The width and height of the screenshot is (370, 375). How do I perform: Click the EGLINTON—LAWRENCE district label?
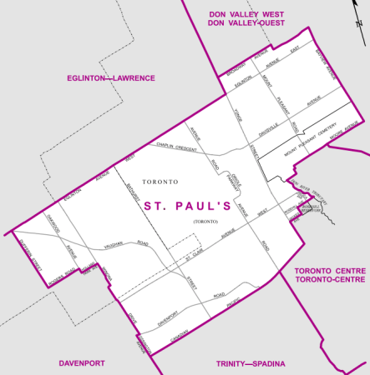click(111, 77)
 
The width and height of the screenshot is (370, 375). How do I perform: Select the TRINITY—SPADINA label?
click(251, 364)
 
